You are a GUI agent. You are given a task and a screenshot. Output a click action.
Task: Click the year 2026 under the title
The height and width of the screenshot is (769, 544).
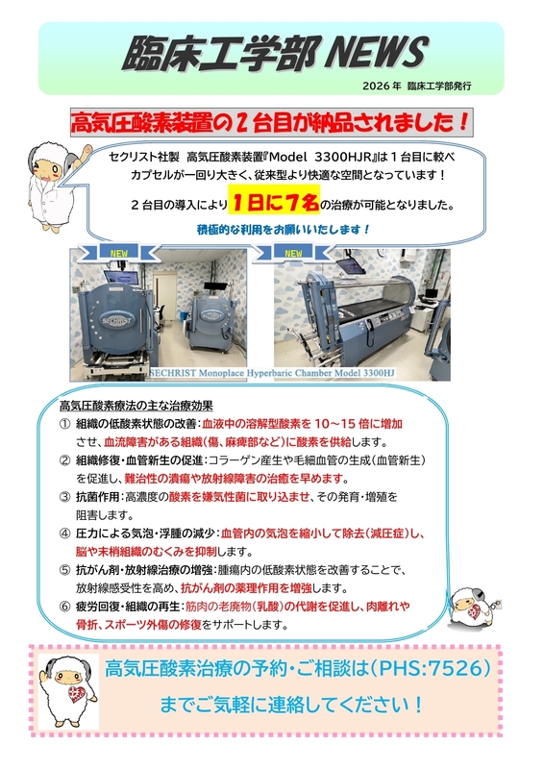click(375, 86)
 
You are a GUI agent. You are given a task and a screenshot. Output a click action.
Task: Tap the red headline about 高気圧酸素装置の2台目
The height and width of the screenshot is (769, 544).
click(271, 122)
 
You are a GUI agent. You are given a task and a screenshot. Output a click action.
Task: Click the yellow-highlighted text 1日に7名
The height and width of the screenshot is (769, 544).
click(274, 202)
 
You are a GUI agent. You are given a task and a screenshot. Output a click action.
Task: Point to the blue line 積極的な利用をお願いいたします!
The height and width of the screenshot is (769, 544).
click(284, 229)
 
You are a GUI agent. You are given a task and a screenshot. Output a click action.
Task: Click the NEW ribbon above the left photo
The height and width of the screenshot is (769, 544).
click(119, 253)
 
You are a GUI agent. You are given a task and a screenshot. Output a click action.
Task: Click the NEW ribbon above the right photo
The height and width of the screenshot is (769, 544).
click(293, 253)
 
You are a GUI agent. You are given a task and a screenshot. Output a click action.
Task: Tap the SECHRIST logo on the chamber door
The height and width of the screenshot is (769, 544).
click(116, 321)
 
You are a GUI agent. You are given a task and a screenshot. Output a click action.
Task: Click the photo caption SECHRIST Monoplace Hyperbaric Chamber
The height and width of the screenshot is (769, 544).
click(272, 373)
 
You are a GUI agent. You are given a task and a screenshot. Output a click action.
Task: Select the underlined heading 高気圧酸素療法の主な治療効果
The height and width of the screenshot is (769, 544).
click(136, 406)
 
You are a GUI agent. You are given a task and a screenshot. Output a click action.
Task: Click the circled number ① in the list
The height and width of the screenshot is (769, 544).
click(65, 424)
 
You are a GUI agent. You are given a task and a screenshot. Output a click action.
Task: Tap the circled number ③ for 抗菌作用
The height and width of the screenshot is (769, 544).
click(65, 497)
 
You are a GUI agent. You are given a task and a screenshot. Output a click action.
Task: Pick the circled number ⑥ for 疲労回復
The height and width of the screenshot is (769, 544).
click(65, 607)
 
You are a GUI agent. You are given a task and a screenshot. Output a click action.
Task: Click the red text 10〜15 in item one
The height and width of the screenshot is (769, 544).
click(335, 424)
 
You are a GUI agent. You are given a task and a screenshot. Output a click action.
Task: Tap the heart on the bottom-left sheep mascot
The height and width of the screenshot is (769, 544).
click(76, 694)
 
